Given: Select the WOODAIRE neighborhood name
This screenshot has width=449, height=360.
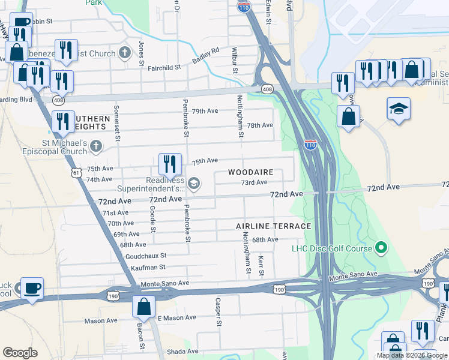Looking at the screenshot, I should [x=251, y=172].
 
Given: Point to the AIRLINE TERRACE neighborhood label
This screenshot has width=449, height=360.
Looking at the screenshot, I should [x=273, y=226].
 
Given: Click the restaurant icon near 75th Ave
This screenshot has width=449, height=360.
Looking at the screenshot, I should [x=170, y=163].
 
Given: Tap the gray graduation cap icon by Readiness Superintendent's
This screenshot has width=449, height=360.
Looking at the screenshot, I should [x=193, y=183].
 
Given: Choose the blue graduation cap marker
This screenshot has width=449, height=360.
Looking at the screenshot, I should [x=399, y=109].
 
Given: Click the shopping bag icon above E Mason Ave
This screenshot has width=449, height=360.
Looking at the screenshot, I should [x=144, y=307].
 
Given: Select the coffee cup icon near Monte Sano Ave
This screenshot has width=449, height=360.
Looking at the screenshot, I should [x=32, y=287].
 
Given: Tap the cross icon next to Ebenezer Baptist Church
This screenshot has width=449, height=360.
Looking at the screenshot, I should [x=125, y=53].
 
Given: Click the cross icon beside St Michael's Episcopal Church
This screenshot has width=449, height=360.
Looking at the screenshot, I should [x=96, y=146].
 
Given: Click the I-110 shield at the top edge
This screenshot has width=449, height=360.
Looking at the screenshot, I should [x=244, y=7].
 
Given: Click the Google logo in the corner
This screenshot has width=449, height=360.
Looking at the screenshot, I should [x=20, y=353].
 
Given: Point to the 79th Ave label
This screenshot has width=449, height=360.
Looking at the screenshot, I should [x=205, y=111].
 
